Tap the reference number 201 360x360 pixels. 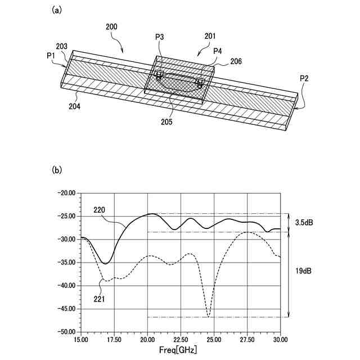click(209, 37)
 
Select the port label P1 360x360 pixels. click(52, 56)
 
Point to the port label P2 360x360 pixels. click(304, 78)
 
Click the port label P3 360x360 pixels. click(160, 37)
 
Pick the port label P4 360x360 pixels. click(218, 51)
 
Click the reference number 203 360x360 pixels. click(62, 46)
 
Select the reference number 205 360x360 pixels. click(182, 121)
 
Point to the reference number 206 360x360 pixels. click(236, 61)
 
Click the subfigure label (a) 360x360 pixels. click(57, 10)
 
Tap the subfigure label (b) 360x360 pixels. click(57, 169)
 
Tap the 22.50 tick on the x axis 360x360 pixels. click(181, 340)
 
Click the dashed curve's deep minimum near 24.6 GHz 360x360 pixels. click(209, 316)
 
